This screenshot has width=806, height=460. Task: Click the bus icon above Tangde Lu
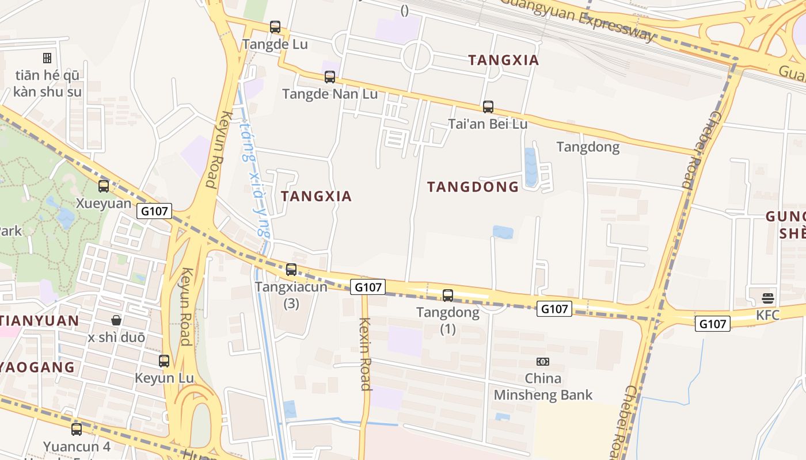(275, 26)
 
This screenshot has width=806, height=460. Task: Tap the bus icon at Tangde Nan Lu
(329, 76)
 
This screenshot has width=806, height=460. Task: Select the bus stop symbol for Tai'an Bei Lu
(488, 106)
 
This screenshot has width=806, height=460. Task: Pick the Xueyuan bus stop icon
(104, 186)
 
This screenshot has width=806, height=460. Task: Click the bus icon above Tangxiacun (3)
(291, 269)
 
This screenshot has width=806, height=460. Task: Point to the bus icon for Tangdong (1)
(447, 296)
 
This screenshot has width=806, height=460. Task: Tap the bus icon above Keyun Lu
(164, 361)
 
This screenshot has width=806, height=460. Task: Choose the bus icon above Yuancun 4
(77, 429)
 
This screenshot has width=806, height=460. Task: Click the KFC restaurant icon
(767, 298)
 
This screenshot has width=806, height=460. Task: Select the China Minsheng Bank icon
(542, 361)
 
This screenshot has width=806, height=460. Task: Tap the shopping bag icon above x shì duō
(116, 320)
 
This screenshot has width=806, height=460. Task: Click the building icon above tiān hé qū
(47, 57)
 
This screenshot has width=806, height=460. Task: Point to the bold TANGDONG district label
(473, 187)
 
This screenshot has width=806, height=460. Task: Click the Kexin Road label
(365, 354)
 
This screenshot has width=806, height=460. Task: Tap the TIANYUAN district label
(39, 321)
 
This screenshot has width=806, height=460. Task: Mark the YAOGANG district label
(37, 367)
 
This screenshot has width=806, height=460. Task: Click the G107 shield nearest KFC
(712, 324)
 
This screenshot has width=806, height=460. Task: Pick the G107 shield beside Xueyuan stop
(155, 211)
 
